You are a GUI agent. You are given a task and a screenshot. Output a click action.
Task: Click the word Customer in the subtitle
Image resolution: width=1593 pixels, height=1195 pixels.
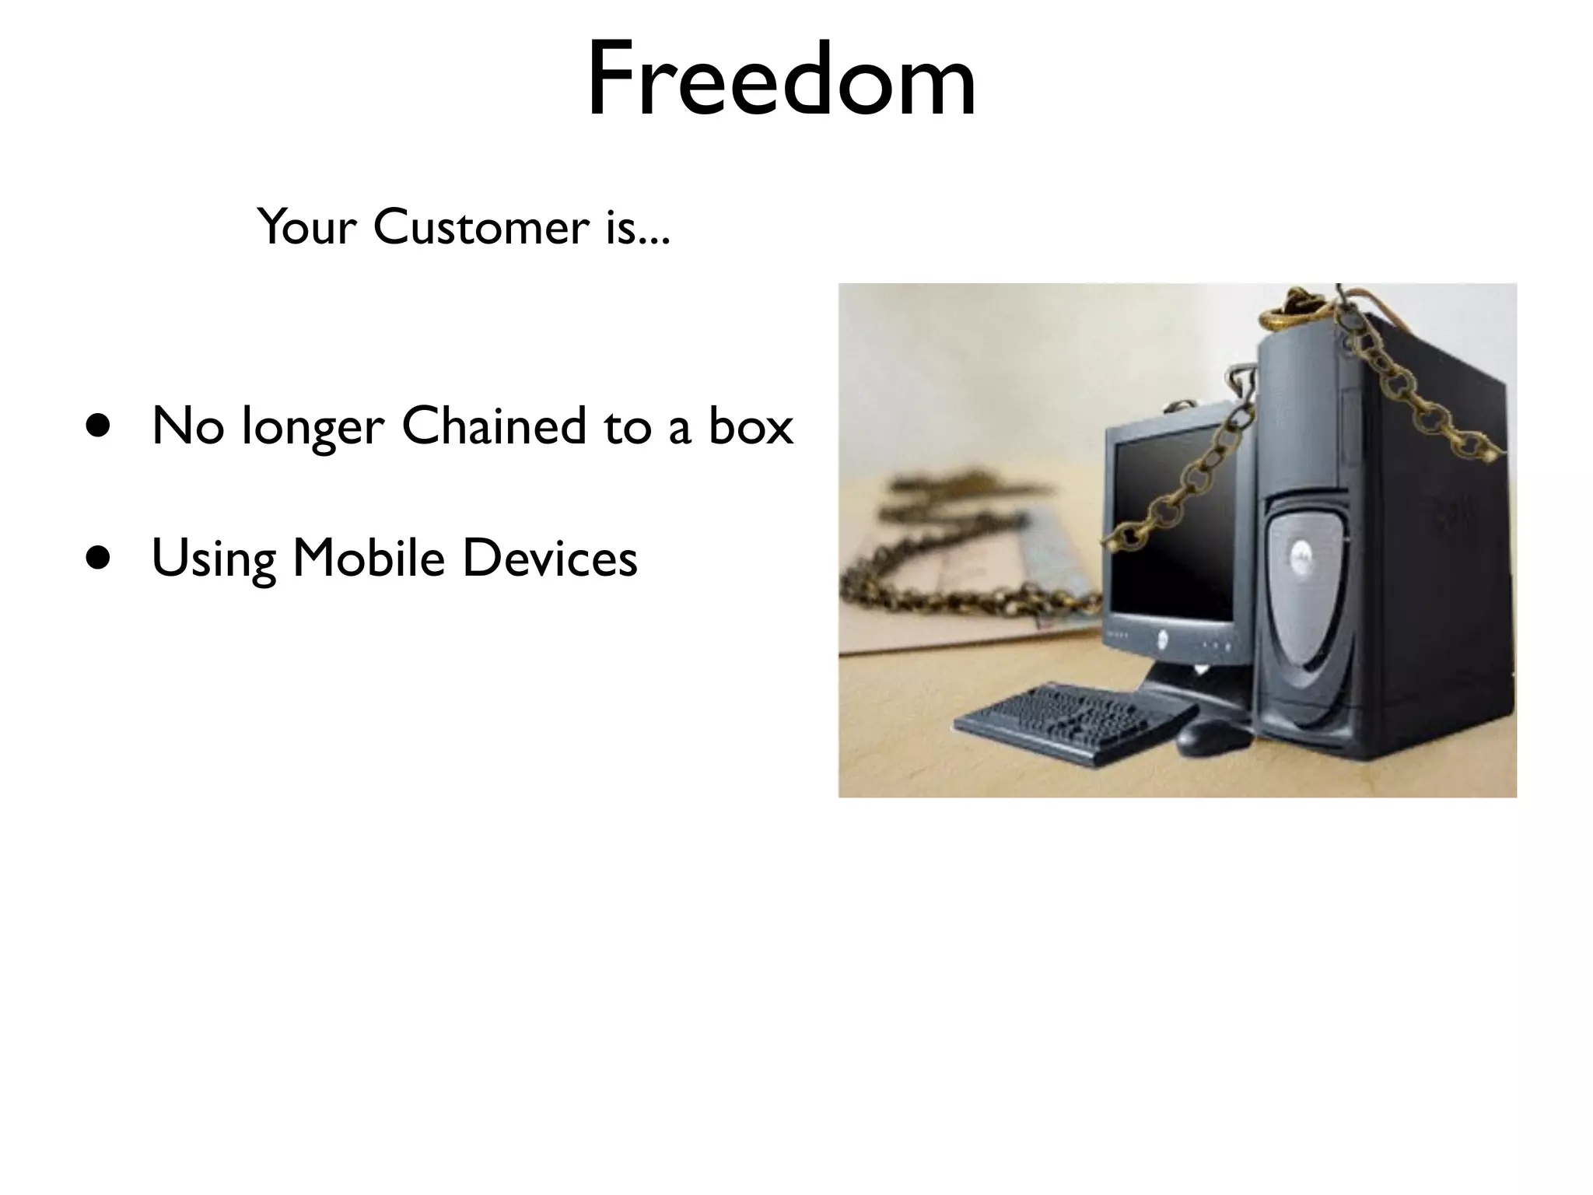pos(481,227)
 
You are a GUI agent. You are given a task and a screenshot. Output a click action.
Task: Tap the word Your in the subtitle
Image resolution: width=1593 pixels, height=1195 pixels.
pos(306,227)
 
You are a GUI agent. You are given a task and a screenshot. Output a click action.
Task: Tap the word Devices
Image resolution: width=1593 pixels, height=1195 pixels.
pos(550,559)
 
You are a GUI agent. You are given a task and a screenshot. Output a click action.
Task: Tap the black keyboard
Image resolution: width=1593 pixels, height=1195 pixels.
pos(1073,721)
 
